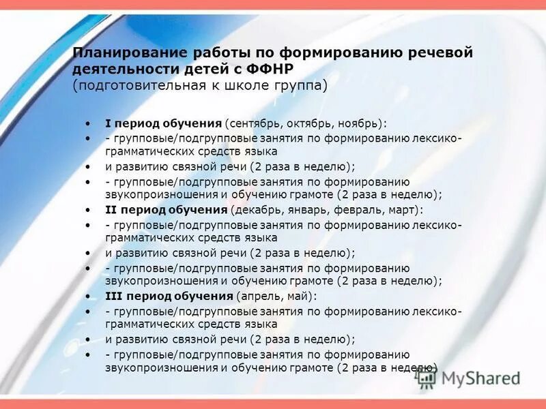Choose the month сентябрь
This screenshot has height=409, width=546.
(x=257, y=123)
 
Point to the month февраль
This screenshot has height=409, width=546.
(x=363, y=209)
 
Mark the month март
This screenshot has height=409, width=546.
(x=407, y=209)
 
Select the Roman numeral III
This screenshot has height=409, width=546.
(x=113, y=296)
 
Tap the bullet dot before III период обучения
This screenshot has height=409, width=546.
(x=89, y=297)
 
